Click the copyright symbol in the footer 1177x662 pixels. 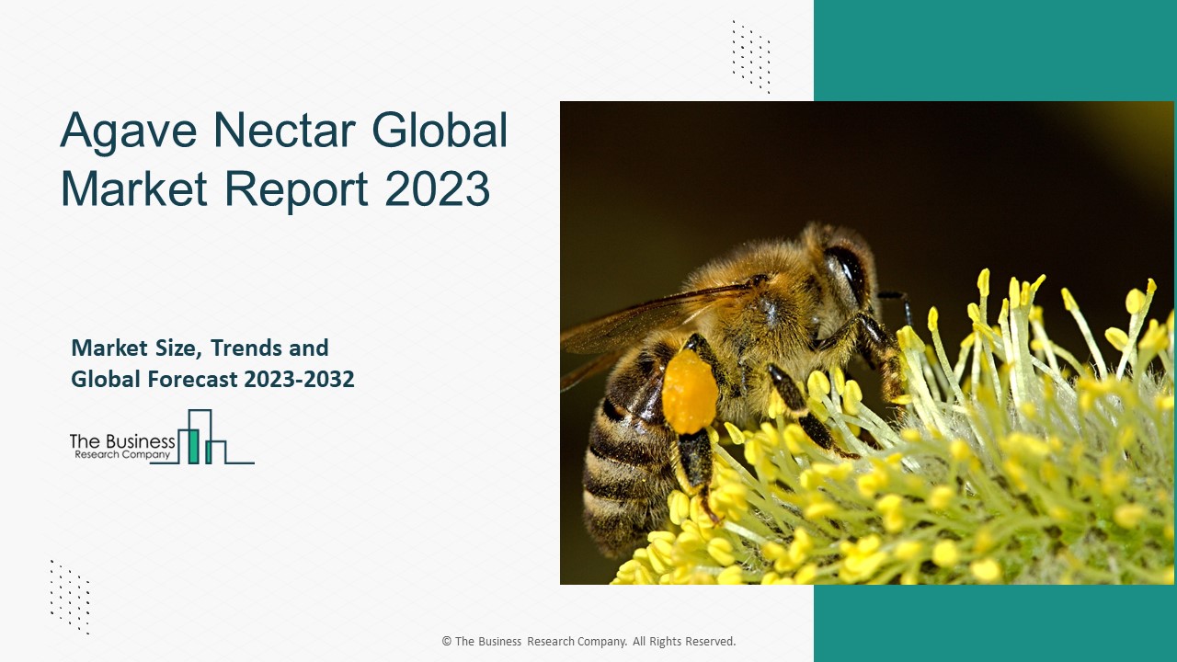(446, 642)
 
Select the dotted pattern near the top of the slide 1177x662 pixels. (750, 56)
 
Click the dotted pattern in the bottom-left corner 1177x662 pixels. (70, 597)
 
